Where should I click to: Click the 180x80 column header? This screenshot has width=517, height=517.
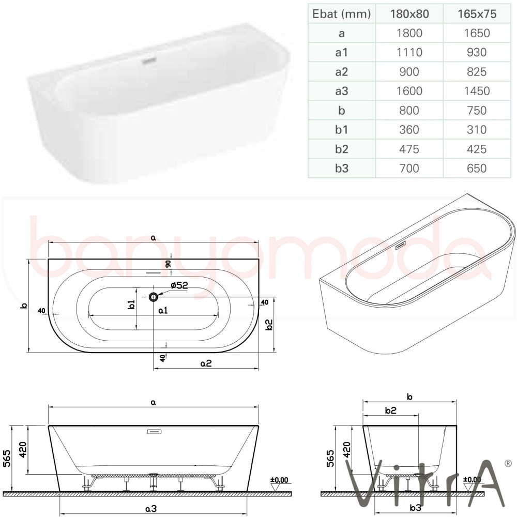click(x=409, y=14)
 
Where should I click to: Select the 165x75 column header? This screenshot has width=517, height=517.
click(x=477, y=14)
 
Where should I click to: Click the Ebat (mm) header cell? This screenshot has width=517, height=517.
click(x=342, y=14)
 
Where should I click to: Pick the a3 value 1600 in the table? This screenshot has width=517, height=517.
click(x=409, y=91)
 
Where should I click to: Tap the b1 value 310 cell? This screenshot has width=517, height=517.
click(x=477, y=130)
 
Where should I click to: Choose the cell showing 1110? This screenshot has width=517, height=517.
click(x=409, y=52)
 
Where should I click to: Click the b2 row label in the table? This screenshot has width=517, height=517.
click(x=342, y=149)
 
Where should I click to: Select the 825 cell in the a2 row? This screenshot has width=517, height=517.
click(x=477, y=71)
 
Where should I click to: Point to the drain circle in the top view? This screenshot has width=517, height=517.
click(x=154, y=297)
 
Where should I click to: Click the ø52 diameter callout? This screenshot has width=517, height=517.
click(x=179, y=285)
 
